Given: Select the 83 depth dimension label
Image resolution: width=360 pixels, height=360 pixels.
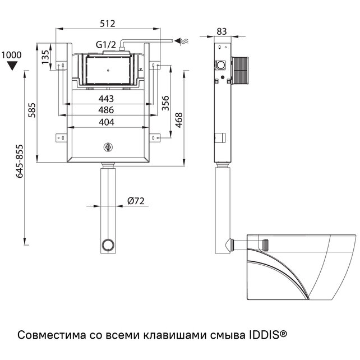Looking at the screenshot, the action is pos(221,32).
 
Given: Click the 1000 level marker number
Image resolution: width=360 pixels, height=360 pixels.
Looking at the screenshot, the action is pos(11,55).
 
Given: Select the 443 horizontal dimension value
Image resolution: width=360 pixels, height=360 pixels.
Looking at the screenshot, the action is pos(106,99).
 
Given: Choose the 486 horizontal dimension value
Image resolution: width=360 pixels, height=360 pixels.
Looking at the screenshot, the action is pos(106,110).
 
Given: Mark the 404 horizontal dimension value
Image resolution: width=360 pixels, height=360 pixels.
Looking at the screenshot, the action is pos(106,122).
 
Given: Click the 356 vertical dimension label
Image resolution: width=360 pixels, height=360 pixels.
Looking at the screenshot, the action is pos(166,104).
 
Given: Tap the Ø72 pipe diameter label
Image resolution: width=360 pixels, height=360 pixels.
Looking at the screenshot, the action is pos(137,200).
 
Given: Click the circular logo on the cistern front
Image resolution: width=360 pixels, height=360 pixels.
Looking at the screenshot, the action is pos(108,148).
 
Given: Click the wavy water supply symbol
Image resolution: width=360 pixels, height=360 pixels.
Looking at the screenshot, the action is pos(182,40).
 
